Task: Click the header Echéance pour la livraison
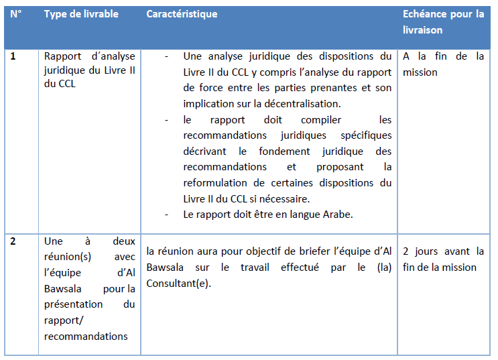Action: click(443, 22)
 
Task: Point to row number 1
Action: click(13, 56)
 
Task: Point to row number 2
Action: click(13, 241)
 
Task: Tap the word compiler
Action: click(321, 120)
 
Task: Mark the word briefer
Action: click(310, 251)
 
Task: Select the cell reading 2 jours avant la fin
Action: click(443, 259)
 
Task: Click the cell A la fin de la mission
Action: click(443, 64)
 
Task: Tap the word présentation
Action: click(73, 304)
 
